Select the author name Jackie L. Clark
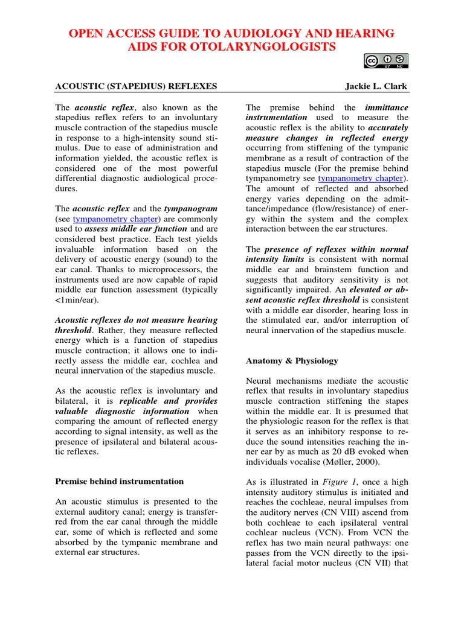376,86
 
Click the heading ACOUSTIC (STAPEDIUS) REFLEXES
136,86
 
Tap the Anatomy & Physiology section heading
292,361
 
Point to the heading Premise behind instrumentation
120,481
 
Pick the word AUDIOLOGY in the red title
233,33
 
